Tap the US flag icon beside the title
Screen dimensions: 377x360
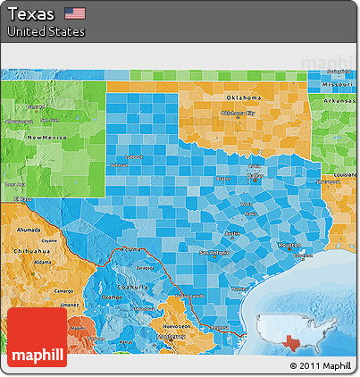point(75,13)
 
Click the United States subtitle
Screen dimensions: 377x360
point(46,31)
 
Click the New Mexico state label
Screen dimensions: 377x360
point(46,138)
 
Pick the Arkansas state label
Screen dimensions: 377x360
point(339,101)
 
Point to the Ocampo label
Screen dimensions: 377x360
point(111,296)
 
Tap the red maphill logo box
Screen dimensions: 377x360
point(37,338)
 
